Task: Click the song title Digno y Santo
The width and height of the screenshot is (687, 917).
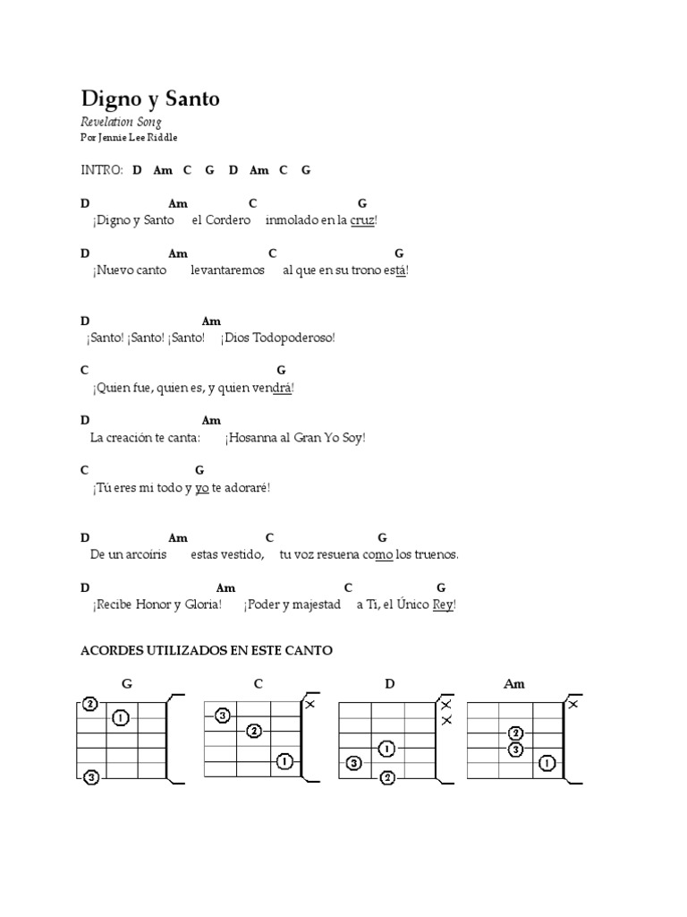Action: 149,99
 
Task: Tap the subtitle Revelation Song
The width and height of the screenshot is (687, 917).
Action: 121,122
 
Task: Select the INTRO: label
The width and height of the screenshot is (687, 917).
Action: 102,170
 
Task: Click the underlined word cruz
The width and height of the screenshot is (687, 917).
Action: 362,220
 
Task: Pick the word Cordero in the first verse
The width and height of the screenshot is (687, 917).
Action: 227,220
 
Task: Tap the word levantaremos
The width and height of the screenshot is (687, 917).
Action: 227,270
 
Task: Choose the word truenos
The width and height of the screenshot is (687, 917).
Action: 437,554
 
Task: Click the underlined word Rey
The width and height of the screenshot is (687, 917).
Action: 443,604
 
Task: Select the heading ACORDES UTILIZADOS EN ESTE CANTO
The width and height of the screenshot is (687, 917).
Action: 207,651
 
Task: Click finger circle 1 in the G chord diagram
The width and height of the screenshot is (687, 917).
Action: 122,717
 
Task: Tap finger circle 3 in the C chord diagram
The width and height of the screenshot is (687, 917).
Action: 223,715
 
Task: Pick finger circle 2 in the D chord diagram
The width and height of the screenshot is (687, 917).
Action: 386,777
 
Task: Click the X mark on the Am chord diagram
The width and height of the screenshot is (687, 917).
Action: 572,705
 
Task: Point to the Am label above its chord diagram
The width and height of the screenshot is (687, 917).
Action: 514,684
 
